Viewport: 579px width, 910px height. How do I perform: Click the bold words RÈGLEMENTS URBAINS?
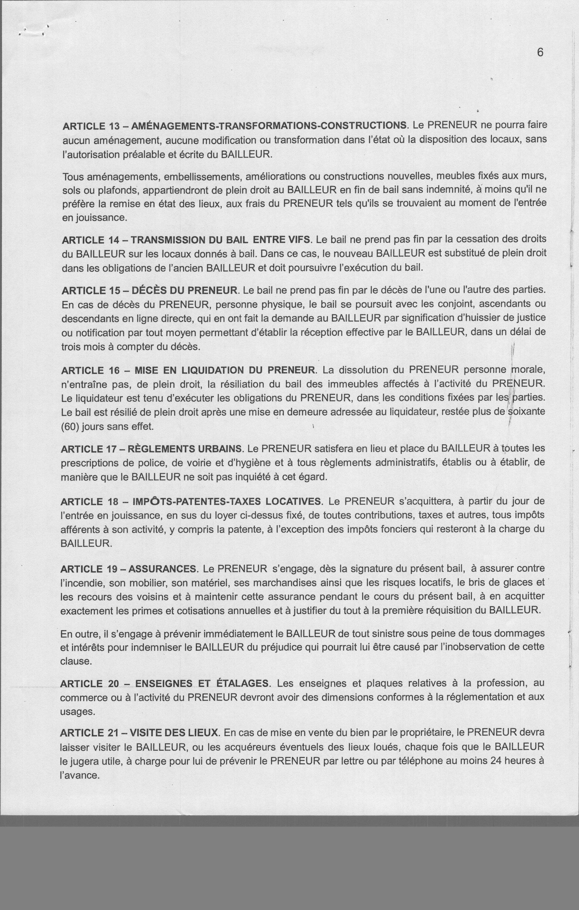[x=185, y=449]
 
